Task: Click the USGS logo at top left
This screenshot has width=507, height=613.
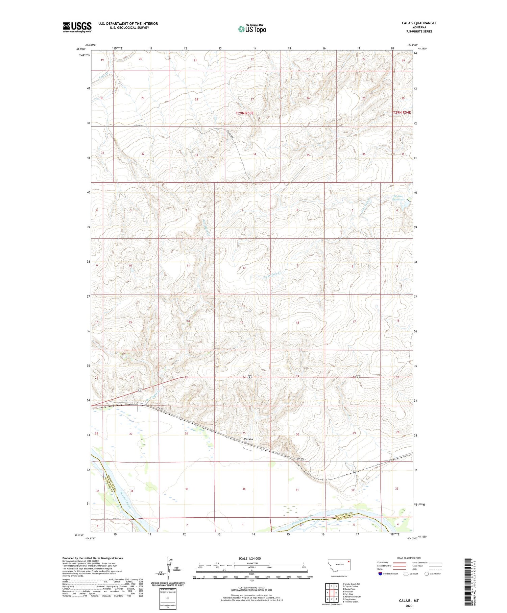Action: coord(77,27)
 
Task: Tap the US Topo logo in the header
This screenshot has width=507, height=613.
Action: coord(252,29)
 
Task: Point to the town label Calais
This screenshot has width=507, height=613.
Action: coord(248,439)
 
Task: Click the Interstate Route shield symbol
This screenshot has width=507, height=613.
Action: coord(380,573)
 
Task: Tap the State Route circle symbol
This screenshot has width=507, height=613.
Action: coord(427,573)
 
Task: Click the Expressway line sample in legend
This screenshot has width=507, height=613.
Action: coord(399,563)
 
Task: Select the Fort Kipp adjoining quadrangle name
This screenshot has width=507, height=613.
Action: coord(348,594)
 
